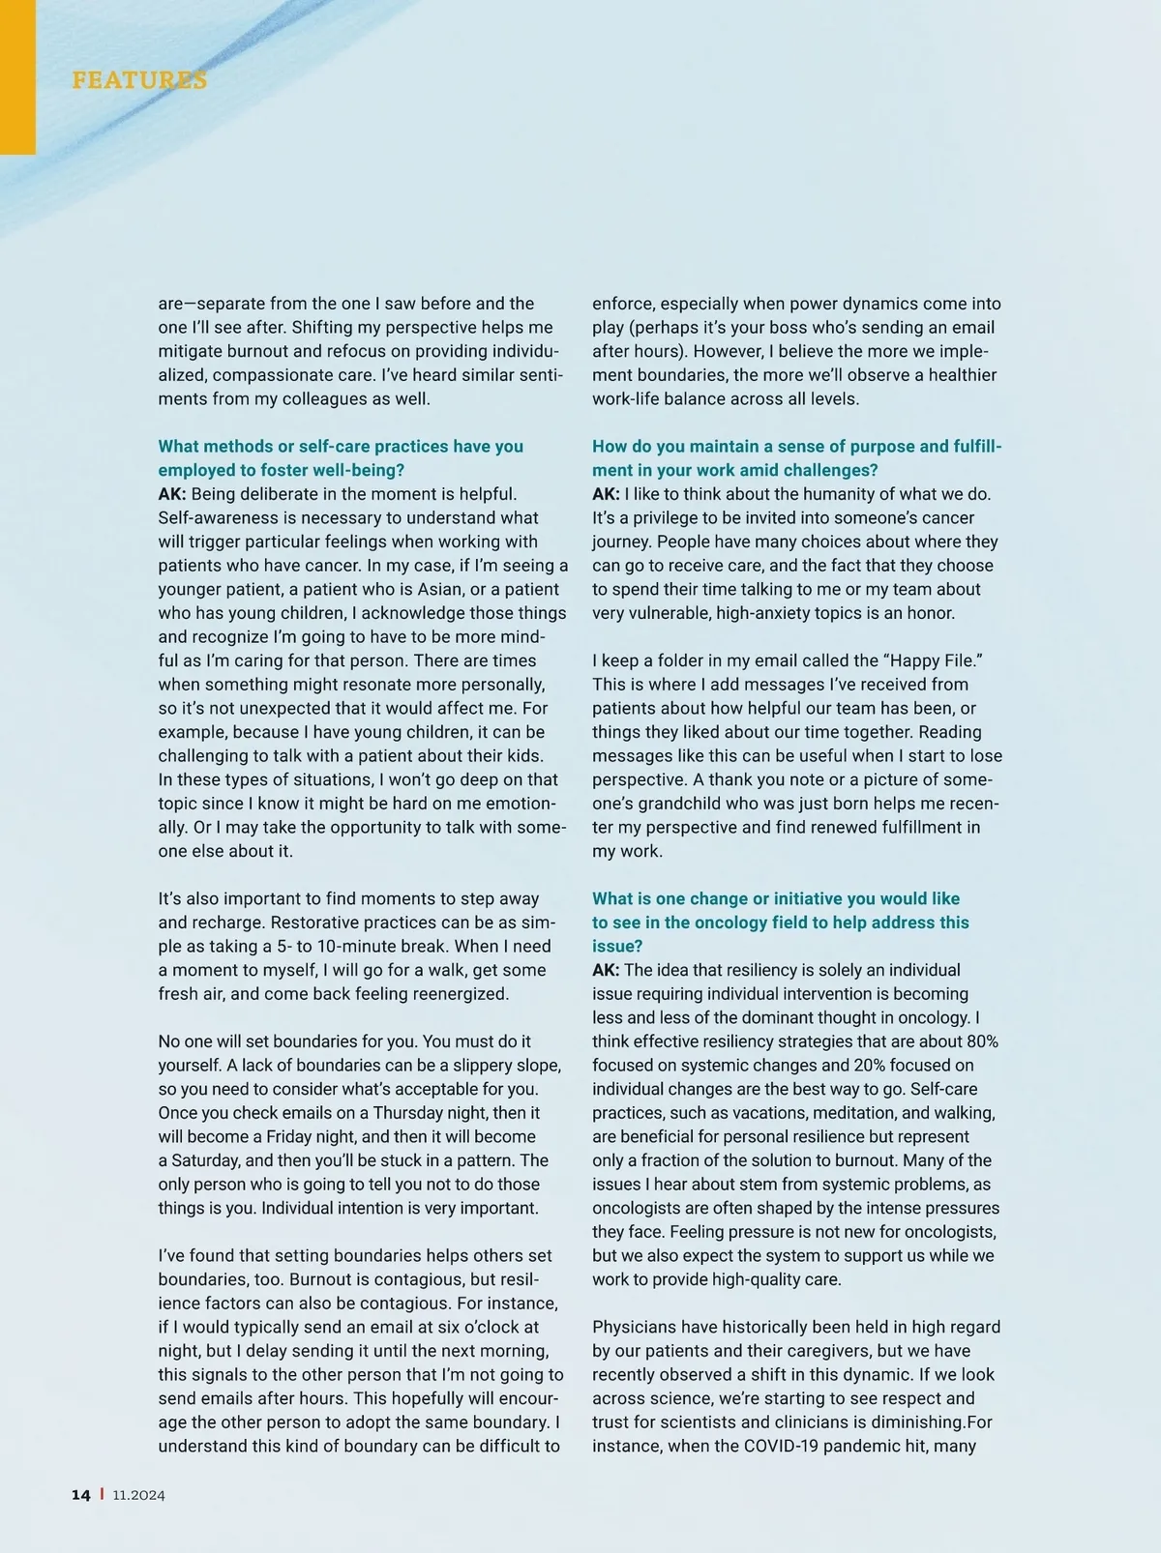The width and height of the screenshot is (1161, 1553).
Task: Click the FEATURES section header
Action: [x=139, y=79]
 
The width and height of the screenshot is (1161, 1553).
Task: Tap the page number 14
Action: [x=81, y=1494]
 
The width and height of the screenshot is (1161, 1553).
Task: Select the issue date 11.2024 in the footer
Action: [x=138, y=1495]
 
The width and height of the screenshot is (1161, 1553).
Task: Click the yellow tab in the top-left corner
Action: [x=17, y=77]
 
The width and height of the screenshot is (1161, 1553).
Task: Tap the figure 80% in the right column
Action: [x=981, y=1041]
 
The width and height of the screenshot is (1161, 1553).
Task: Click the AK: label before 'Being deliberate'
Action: [x=172, y=494]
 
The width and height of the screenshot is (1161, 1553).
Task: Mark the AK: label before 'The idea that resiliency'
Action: [x=607, y=970]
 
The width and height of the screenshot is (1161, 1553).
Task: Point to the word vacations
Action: [x=745, y=1113]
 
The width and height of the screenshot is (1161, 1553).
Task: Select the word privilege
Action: [x=665, y=518]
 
